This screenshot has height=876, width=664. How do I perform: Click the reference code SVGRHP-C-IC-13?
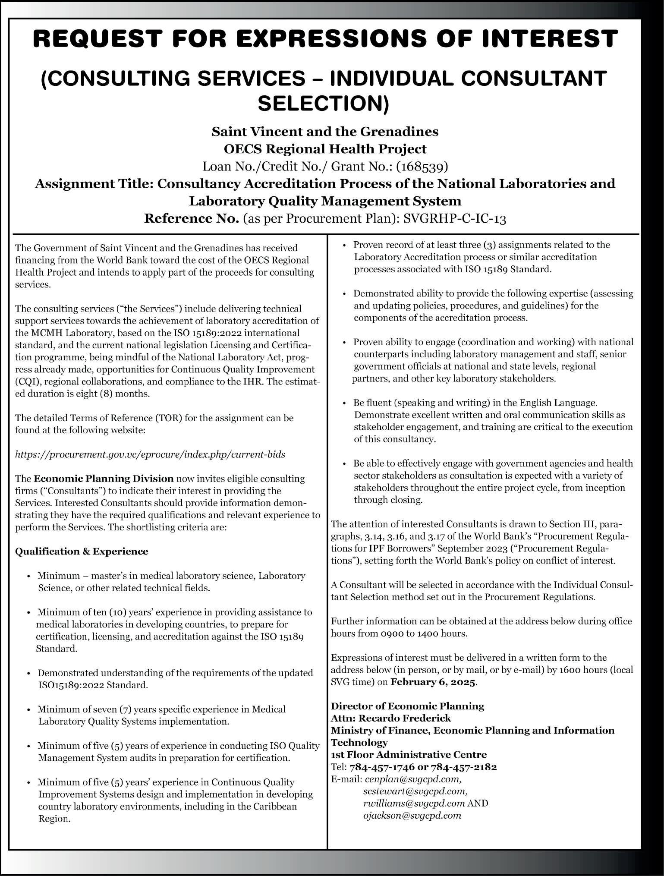click(x=454, y=219)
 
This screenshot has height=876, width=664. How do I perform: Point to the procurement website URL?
click(x=150, y=454)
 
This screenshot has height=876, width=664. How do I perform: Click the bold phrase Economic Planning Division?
click(x=104, y=479)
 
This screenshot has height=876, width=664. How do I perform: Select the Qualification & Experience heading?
click(x=82, y=551)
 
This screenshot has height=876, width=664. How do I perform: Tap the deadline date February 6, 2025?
click(x=433, y=682)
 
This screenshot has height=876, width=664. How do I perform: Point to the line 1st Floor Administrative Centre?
click(x=409, y=754)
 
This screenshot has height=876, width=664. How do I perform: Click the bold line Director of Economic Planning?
click(x=407, y=706)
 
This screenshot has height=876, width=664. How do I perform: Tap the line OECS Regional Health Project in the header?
click(x=325, y=149)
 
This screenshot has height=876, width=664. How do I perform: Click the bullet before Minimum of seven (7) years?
click(x=28, y=709)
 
